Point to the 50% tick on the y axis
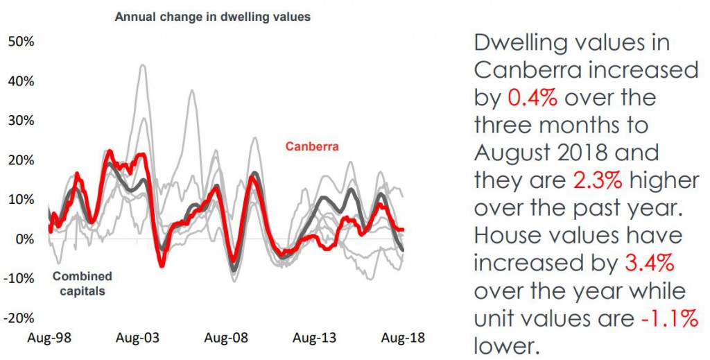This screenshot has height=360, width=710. pos(21,42)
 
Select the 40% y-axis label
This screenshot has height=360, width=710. pos(21,81)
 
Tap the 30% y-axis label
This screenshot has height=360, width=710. pos(21,121)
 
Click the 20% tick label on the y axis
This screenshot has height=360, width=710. pos(21,160)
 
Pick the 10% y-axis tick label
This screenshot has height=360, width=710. pos(21,200)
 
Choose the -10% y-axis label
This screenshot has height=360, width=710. pos(19,279)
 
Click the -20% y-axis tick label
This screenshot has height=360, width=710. pos(19,318)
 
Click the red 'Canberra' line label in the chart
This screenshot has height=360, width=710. pos(311,146)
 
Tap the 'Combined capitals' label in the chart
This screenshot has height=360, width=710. pos(82,284)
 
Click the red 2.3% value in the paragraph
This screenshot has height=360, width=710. pos(598,180)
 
